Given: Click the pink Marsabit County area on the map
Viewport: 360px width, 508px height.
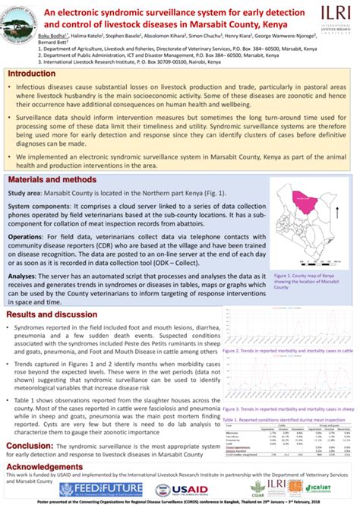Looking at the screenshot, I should pos(308,201).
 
